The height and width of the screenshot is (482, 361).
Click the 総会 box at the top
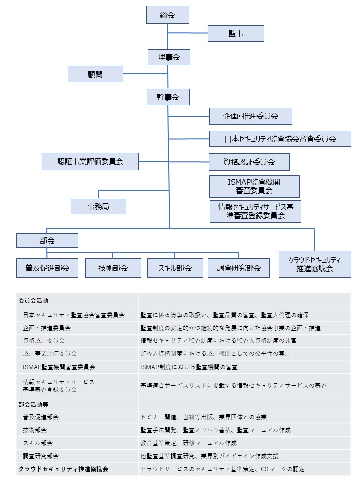click(167, 15)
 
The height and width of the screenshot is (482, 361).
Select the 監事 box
click(236, 34)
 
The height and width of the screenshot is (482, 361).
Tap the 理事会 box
click(169, 57)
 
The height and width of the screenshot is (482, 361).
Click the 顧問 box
click(95, 74)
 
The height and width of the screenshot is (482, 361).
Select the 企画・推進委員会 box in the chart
click(250, 116)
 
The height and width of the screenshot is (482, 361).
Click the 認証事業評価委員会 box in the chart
click(90, 161)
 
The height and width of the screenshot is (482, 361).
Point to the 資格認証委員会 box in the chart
click(249, 162)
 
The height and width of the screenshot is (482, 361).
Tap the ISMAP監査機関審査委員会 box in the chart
click(254, 186)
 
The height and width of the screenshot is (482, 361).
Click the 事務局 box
click(98, 206)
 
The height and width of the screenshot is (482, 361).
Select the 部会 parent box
click(47, 240)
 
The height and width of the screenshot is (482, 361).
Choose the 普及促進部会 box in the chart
click(47, 268)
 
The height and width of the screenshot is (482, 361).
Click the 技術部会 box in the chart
click(113, 268)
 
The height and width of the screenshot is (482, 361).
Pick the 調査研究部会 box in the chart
click(239, 268)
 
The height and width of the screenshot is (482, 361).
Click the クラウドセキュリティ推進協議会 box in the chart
click(315, 264)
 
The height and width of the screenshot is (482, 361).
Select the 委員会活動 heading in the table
click(33, 301)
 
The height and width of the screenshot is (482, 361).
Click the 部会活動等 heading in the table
click(33, 404)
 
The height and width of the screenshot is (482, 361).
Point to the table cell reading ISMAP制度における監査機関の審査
click(189, 367)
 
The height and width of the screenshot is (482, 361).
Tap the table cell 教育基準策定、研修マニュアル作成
click(189, 443)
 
